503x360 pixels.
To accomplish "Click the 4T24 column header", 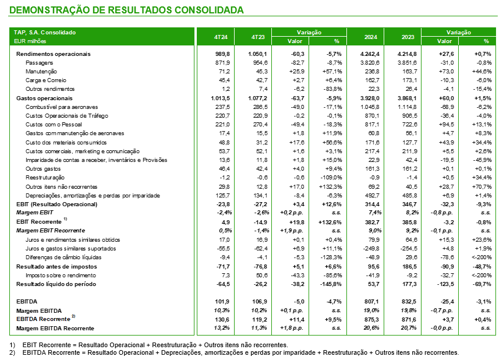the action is click(x=221, y=37).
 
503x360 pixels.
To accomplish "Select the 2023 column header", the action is click(x=408, y=37).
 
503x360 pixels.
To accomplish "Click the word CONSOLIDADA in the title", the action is click(x=209, y=10).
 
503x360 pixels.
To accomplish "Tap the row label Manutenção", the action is click(x=41, y=72).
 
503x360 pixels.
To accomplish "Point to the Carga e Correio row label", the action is click(x=46, y=80).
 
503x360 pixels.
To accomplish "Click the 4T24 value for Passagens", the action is click(x=222, y=63).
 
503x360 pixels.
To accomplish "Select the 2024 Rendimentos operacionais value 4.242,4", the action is click(x=370, y=54).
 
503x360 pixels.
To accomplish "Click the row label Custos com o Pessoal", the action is click(x=54, y=125).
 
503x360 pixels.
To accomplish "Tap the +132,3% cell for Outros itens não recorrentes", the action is click(x=331, y=187).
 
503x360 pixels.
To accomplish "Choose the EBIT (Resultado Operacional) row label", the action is click(x=56, y=204).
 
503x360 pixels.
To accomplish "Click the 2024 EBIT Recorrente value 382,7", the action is click(x=373, y=222).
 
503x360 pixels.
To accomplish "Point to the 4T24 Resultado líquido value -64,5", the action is click(x=224, y=284).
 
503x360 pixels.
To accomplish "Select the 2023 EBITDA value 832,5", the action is click(x=410, y=302).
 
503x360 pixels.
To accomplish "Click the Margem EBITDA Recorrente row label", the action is click(x=55, y=328).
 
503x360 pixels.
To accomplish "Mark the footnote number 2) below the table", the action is click(x=12, y=352).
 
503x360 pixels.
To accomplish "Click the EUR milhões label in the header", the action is click(x=30, y=41).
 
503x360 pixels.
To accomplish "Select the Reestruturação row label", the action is click(x=45, y=178).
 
